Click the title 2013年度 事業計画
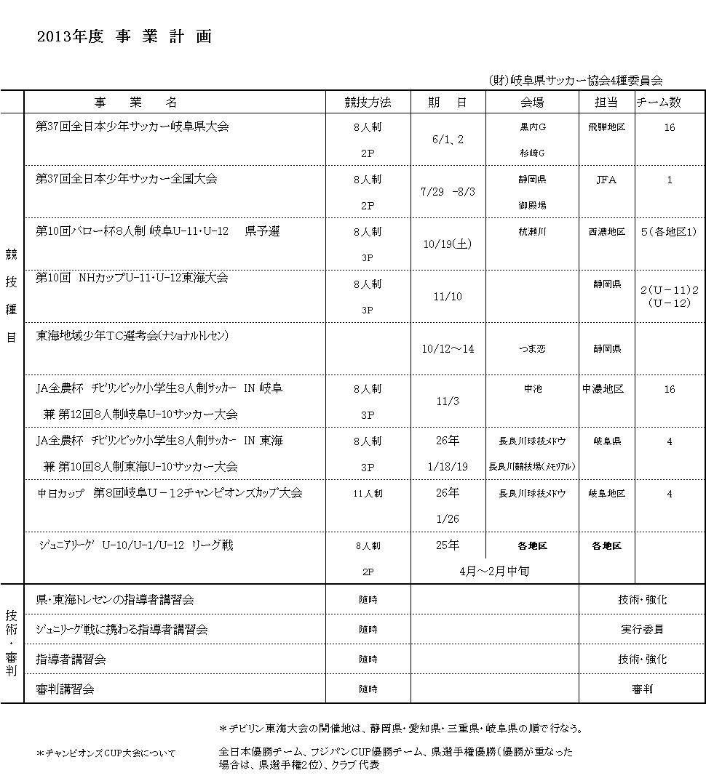(x=124, y=37)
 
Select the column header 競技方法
(x=368, y=103)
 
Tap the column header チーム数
(x=659, y=103)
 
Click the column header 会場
(x=532, y=103)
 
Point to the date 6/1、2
(x=448, y=140)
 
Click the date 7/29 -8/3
(x=448, y=192)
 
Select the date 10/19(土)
(x=448, y=244)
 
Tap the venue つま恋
(x=532, y=349)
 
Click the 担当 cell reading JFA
(x=606, y=180)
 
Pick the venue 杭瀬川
(x=532, y=232)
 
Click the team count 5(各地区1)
(x=670, y=232)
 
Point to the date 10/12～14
(x=448, y=349)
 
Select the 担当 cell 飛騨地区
(x=606, y=127)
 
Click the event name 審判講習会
(x=66, y=689)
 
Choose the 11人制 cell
(x=368, y=494)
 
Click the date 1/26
(x=448, y=519)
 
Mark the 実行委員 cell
(x=642, y=630)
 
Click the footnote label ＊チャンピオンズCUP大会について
(x=106, y=753)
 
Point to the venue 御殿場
(x=532, y=206)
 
